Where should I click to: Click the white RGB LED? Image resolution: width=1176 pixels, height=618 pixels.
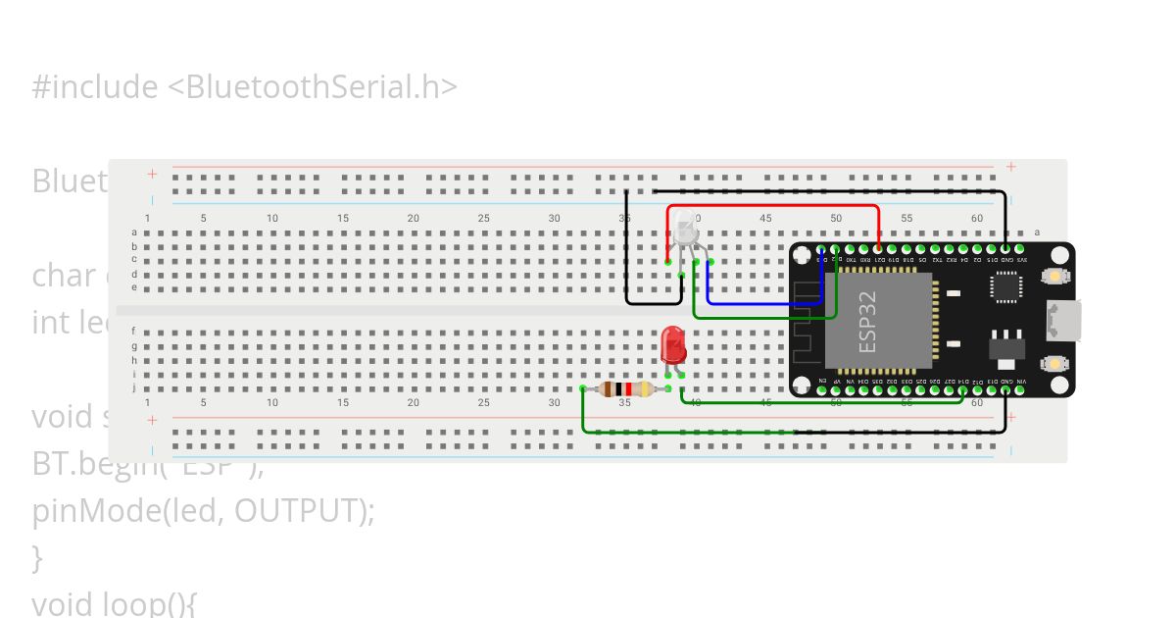[x=684, y=230]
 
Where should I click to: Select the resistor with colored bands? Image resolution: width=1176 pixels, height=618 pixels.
[x=625, y=389]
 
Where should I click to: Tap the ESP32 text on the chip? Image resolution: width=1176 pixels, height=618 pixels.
[x=868, y=322]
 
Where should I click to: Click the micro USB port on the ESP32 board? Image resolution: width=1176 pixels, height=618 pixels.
[x=1063, y=320]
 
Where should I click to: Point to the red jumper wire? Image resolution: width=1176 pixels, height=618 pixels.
[x=774, y=207]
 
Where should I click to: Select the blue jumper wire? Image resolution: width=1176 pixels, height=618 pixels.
[x=764, y=304]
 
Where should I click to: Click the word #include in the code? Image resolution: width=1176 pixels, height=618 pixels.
[x=94, y=87]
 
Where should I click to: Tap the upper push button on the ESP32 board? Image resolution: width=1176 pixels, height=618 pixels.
[x=1054, y=277]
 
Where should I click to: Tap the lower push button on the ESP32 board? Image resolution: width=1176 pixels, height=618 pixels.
[x=1054, y=363]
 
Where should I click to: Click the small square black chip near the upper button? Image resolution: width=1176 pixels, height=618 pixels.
[x=1005, y=285]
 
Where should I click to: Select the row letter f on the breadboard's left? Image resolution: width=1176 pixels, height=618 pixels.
[x=134, y=332]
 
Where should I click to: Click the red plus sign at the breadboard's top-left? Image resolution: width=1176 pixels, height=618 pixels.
[x=152, y=174]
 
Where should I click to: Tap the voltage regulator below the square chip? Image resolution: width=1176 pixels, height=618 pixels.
[x=1005, y=348]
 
